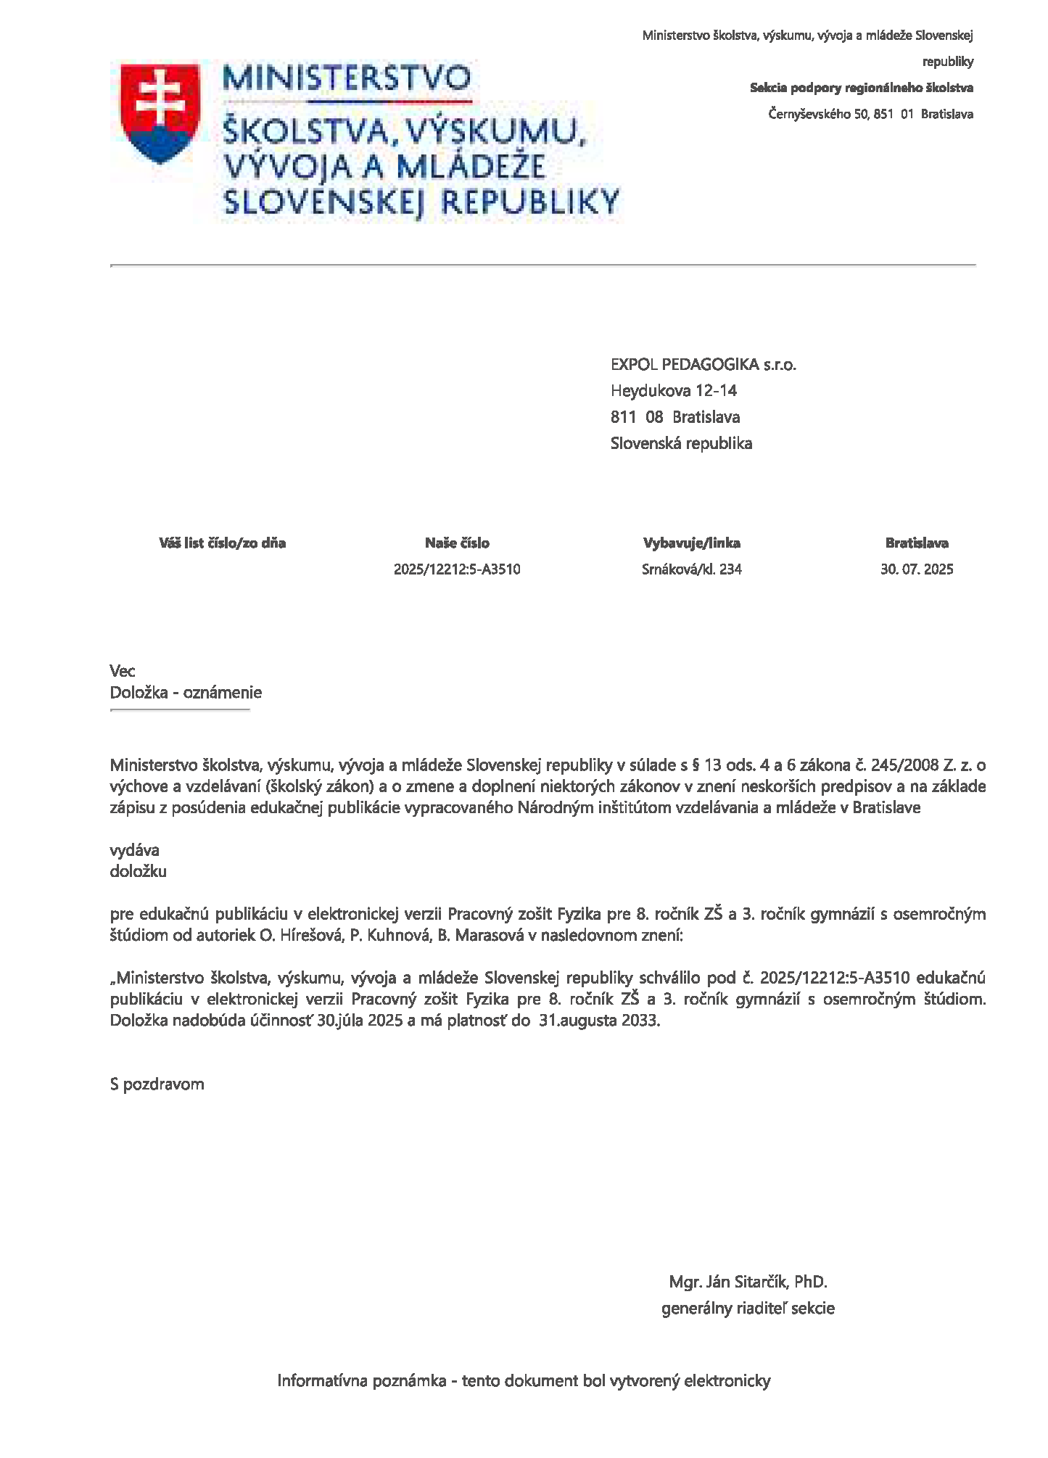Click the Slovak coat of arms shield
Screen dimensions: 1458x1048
tap(160, 113)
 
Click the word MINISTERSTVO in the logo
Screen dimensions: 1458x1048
tap(347, 78)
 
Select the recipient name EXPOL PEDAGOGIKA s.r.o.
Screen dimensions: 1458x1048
tap(703, 365)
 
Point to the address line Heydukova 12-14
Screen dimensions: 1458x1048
tap(673, 391)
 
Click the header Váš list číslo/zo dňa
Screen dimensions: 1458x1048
tap(222, 543)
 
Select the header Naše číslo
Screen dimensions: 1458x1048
tap(457, 543)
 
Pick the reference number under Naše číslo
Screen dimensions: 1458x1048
tap(457, 569)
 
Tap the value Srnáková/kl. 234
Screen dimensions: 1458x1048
tap(691, 569)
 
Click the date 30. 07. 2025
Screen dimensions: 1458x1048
tap(917, 569)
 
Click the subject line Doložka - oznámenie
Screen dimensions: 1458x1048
tap(186, 693)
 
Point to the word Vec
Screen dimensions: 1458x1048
tap(123, 671)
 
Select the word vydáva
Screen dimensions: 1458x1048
tap(134, 850)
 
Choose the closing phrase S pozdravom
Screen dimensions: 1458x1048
tap(157, 1084)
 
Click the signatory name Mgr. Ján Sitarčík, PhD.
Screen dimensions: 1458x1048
tap(748, 1282)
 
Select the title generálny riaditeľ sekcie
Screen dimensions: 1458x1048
tap(748, 1309)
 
